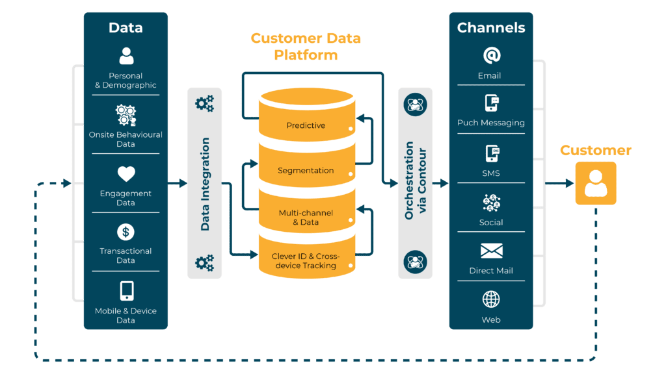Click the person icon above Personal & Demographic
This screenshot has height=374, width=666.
[x=126, y=56]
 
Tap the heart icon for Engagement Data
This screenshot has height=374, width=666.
[x=126, y=173]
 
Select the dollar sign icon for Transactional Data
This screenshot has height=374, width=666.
[x=126, y=232]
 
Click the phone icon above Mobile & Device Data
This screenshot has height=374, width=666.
[x=126, y=290]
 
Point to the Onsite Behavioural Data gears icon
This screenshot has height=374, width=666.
[x=126, y=115]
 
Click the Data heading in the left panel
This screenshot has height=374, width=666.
[x=126, y=28]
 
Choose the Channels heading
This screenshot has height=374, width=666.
[x=491, y=28]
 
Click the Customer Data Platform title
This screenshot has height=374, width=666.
[x=306, y=46]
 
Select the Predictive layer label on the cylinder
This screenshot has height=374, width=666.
[x=306, y=125]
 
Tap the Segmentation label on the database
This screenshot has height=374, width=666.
[x=306, y=171]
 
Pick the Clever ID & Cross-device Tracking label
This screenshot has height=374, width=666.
[x=306, y=260]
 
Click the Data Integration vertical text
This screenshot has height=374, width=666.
[x=205, y=184]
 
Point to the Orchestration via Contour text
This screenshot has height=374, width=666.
[x=415, y=184]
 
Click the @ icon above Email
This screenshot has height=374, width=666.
[x=491, y=55]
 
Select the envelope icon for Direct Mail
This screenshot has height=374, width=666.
[x=491, y=251]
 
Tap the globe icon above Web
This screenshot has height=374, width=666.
[x=491, y=299]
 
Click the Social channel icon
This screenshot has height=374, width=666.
[x=491, y=203]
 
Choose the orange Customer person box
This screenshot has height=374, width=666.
[x=595, y=184]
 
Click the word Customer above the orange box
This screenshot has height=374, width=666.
[x=596, y=151]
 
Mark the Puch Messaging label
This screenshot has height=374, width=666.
[x=491, y=123]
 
